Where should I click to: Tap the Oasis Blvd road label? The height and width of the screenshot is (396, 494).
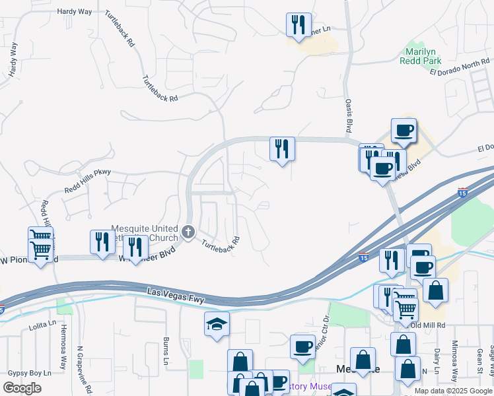(x=348, y=115)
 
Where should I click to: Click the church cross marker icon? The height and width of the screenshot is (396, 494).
(x=188, y=232)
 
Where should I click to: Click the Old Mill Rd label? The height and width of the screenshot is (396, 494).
(x=429, y=325)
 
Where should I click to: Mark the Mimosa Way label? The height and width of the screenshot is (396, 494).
(x=454, y=366)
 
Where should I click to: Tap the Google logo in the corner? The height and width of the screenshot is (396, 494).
(x=22, y=387)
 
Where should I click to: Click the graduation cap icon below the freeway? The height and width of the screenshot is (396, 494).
(x=217, y=325)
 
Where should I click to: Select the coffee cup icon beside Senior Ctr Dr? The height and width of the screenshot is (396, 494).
(x=303, y=346)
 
